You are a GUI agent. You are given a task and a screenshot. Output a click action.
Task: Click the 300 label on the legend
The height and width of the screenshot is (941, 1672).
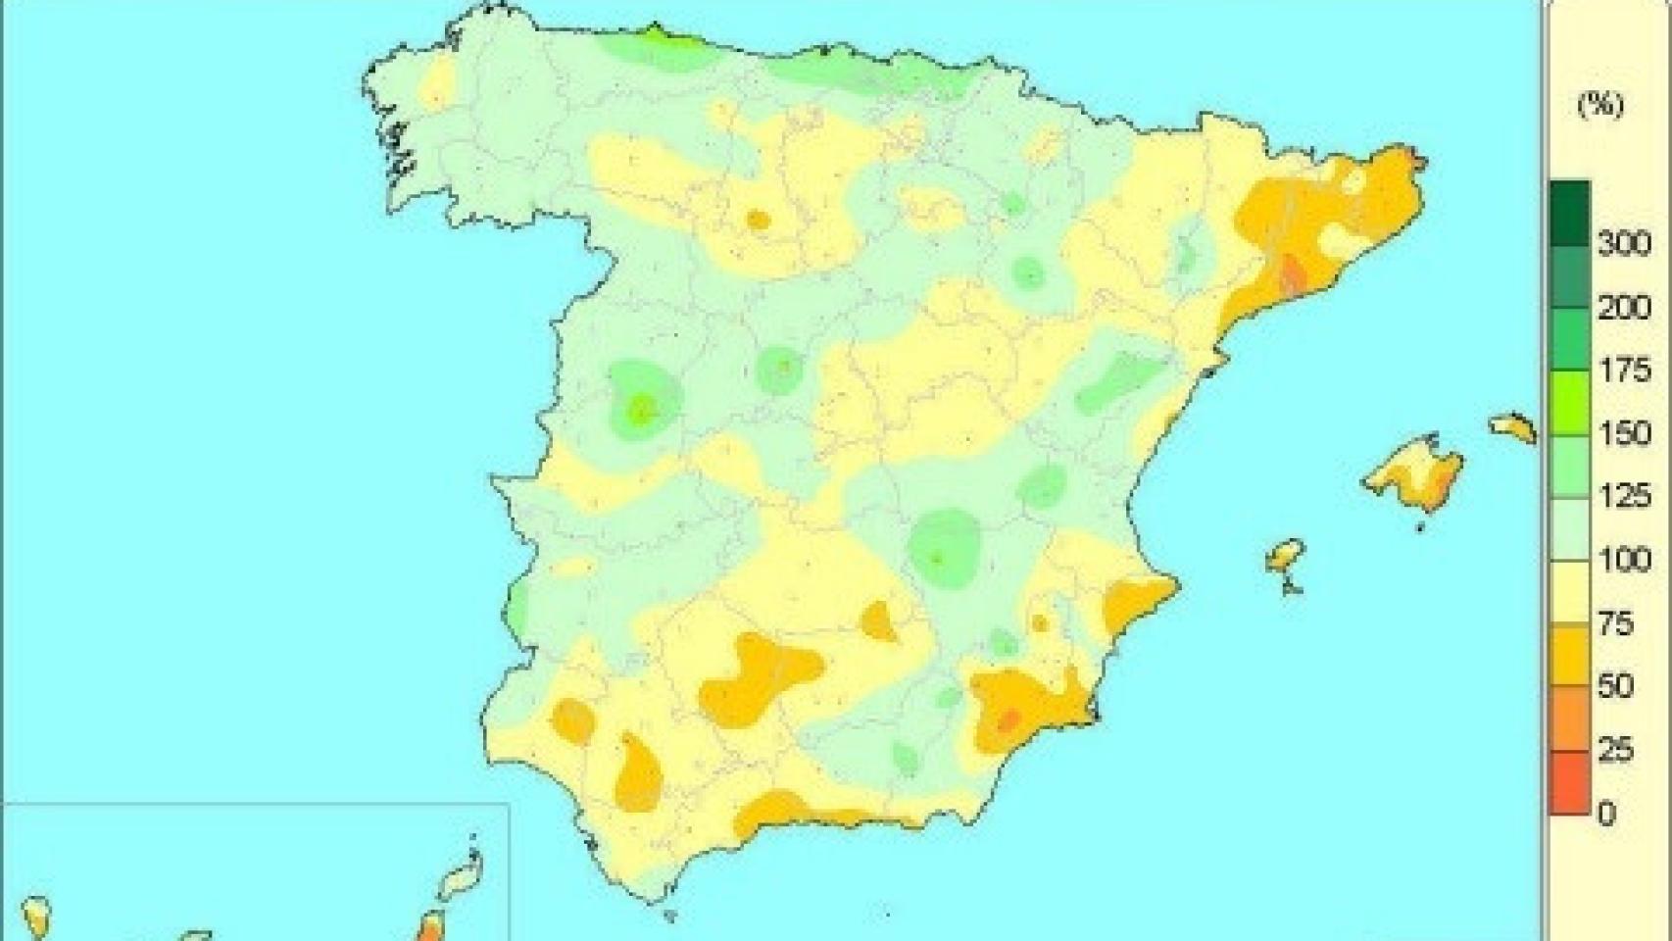(1623, 243)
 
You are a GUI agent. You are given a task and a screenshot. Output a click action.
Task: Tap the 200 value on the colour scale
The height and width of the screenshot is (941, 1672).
(1623, 308)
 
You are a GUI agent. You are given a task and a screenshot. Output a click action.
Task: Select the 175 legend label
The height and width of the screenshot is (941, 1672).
(1623, 371)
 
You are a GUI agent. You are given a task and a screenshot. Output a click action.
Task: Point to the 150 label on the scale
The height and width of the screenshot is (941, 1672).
(1623, 433)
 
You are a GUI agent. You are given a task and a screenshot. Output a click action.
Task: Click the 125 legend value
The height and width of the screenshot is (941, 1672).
(1623, 497)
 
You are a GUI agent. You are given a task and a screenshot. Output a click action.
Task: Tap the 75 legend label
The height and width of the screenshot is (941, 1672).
(1616, 623)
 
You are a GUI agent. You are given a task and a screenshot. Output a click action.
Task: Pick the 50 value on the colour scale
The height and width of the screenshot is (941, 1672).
(1616, 686)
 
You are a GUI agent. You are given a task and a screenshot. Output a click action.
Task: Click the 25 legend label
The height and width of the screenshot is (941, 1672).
(1616, 750)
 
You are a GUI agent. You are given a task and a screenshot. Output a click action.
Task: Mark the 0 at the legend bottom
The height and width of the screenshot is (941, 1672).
(1606, 813)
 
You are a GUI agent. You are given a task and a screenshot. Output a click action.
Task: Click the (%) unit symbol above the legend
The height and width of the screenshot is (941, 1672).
(1599, 105)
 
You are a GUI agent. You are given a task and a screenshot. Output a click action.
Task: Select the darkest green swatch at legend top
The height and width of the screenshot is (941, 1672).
(1569, 212)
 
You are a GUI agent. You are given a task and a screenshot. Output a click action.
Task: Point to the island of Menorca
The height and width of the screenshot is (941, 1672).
(1513, 426)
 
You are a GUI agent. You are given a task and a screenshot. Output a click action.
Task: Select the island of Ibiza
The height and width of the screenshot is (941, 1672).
(1285, 558)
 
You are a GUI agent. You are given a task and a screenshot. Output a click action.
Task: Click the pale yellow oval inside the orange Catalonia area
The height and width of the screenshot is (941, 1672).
(1337, 239)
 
